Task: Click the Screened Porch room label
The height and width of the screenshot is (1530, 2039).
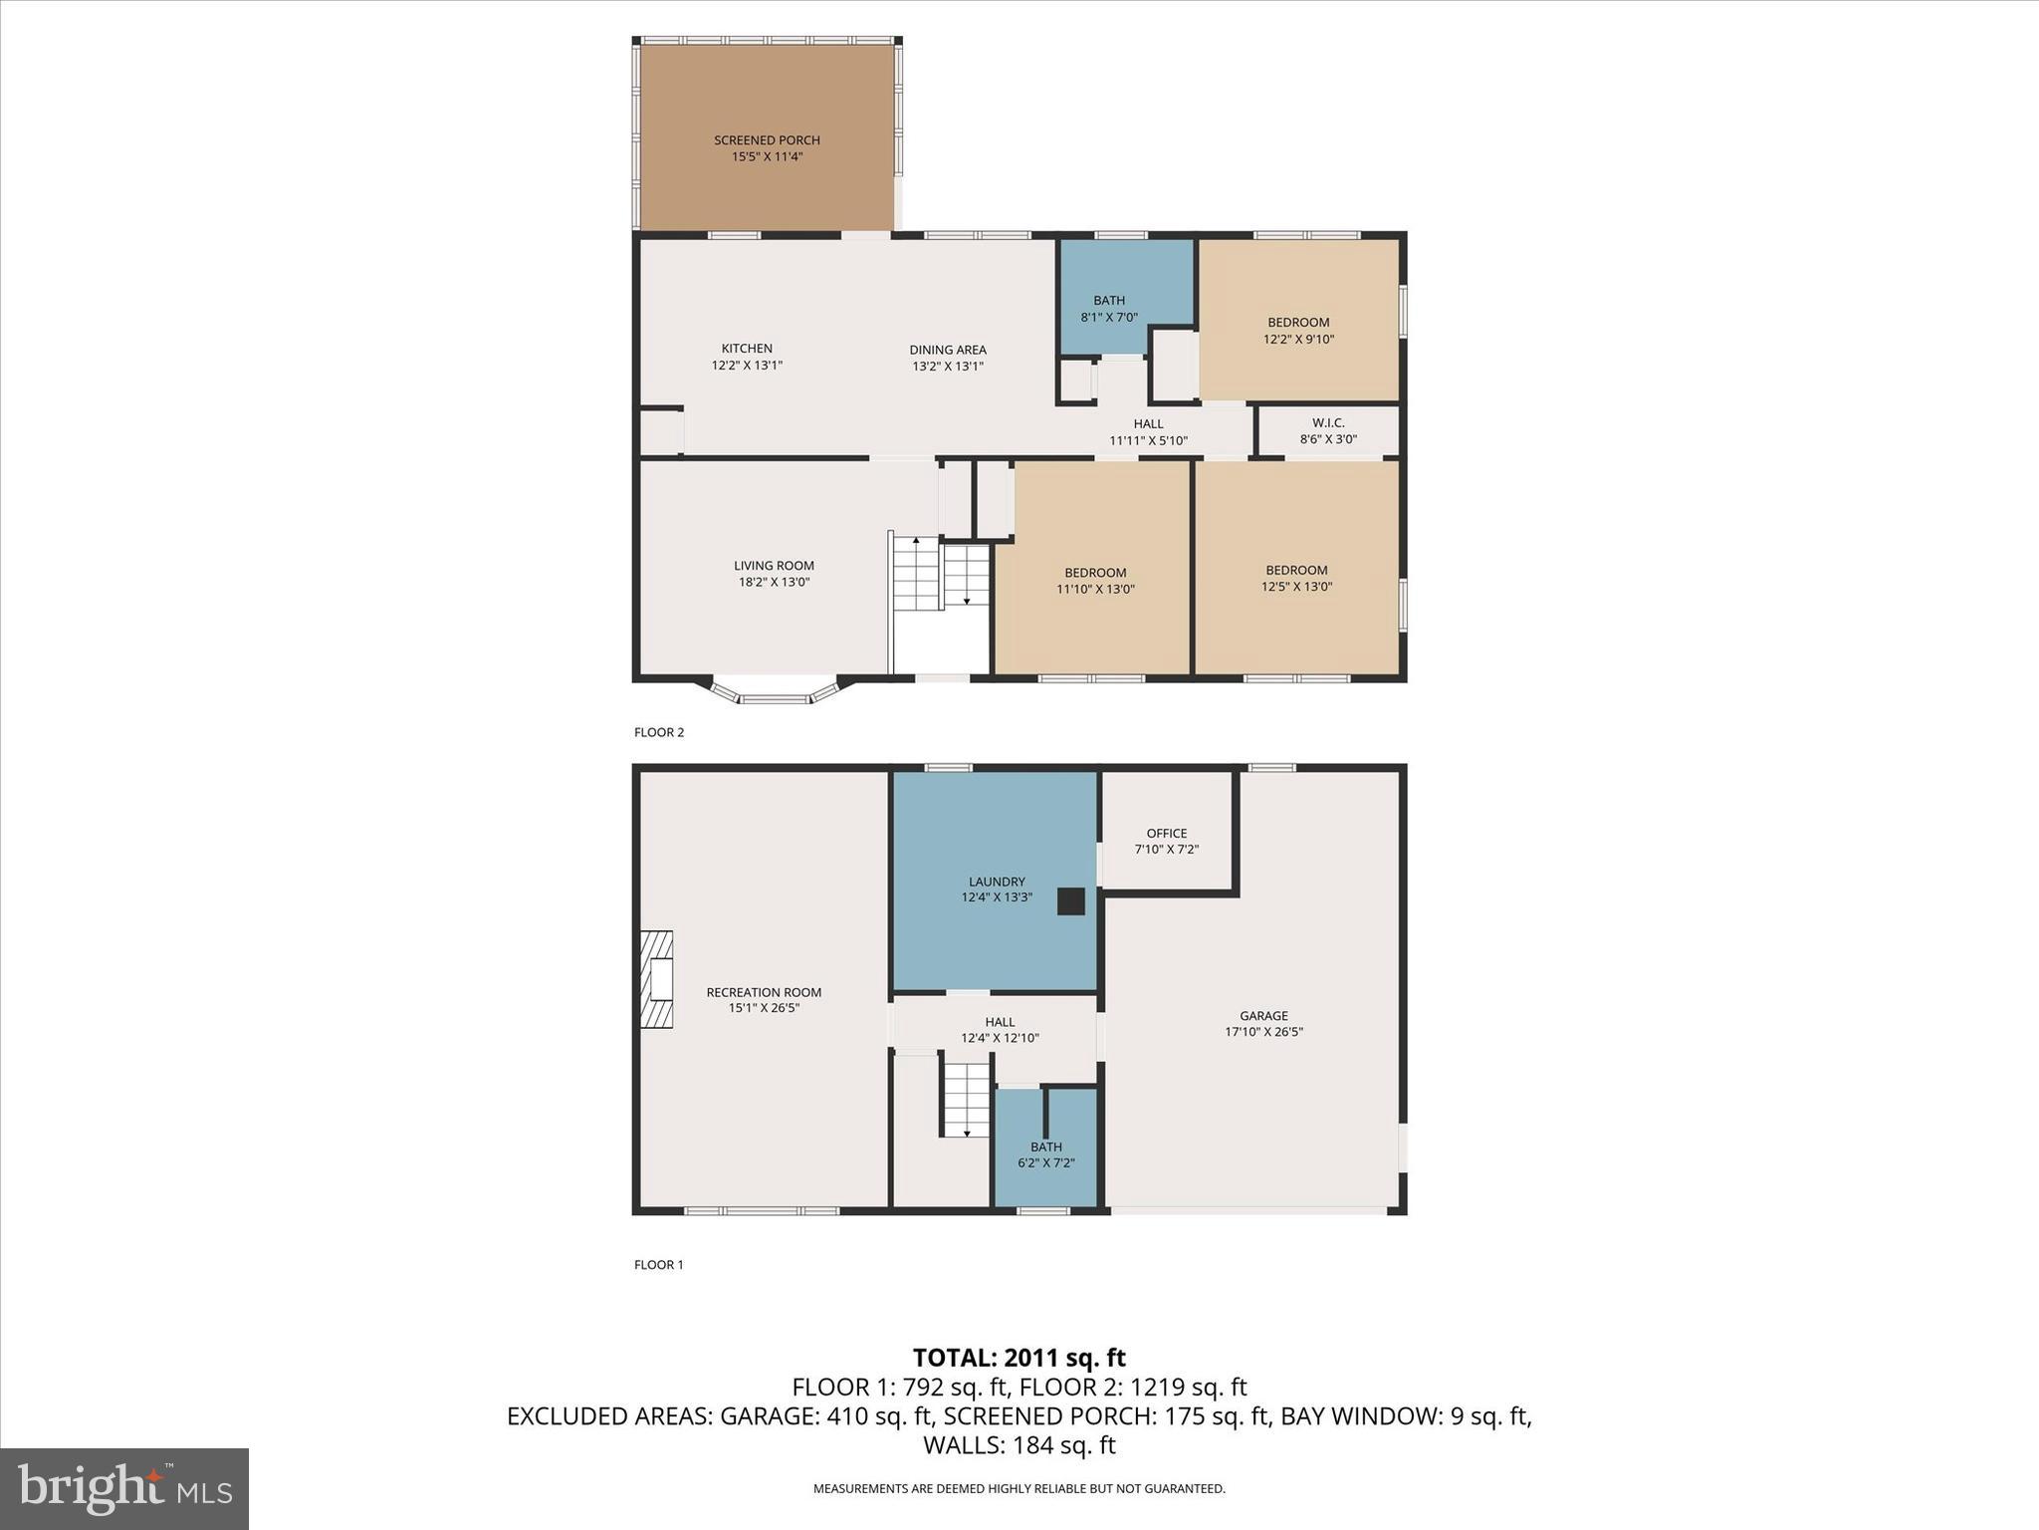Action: pyautogui.click(x=767, y=148)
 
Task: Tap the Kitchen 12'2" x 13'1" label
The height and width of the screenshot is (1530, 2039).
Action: pyautogui.click(x=747, y=357)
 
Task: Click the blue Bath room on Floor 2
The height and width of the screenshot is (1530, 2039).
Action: pyautogui.click(x=1109, y=308)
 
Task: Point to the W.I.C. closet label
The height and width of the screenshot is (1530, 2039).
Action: pyautogui.click(x=1328, y=431)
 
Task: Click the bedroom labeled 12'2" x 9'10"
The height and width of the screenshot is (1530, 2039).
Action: pyautogui.click(x=1298, y=330)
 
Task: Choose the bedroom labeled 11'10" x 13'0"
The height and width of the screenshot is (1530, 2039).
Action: pyautogui.click(x=1095, y=580)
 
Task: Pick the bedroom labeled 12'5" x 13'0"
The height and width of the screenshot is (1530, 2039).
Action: pyautogui.click(x=1296, y=578)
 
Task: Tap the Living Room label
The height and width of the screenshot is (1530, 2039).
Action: pyautogui.click(x=774, y=574)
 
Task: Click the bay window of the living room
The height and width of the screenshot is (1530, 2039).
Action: pyautogui.click(x=775, y=692)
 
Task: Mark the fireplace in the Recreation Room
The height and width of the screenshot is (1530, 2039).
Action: pyautogui.click(x=657, y=979)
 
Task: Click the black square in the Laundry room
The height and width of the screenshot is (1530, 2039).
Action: pyautogui.click(x=1070, y=901)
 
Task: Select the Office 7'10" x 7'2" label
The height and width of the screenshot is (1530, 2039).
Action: pyautogui.click(x=1166, y=841)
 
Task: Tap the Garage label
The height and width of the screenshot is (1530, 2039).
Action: pyautogui.click(x=1263, y=1023)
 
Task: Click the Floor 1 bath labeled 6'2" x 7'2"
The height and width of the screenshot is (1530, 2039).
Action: pyautogui.click(x=1045, y=1154)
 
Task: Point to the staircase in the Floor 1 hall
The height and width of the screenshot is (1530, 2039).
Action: pyautogui.click(x=966, y=1100)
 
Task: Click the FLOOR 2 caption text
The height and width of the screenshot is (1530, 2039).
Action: pyautogui.click(x=659, y=732)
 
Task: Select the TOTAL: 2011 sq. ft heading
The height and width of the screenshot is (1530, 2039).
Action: pyautogui.click(x=1019, y=1358)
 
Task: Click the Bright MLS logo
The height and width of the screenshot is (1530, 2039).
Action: pyautogui.click(x=124, y=1488)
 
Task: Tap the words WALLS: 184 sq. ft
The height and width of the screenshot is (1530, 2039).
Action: pyautogui.click(x=1019, y=1444)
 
